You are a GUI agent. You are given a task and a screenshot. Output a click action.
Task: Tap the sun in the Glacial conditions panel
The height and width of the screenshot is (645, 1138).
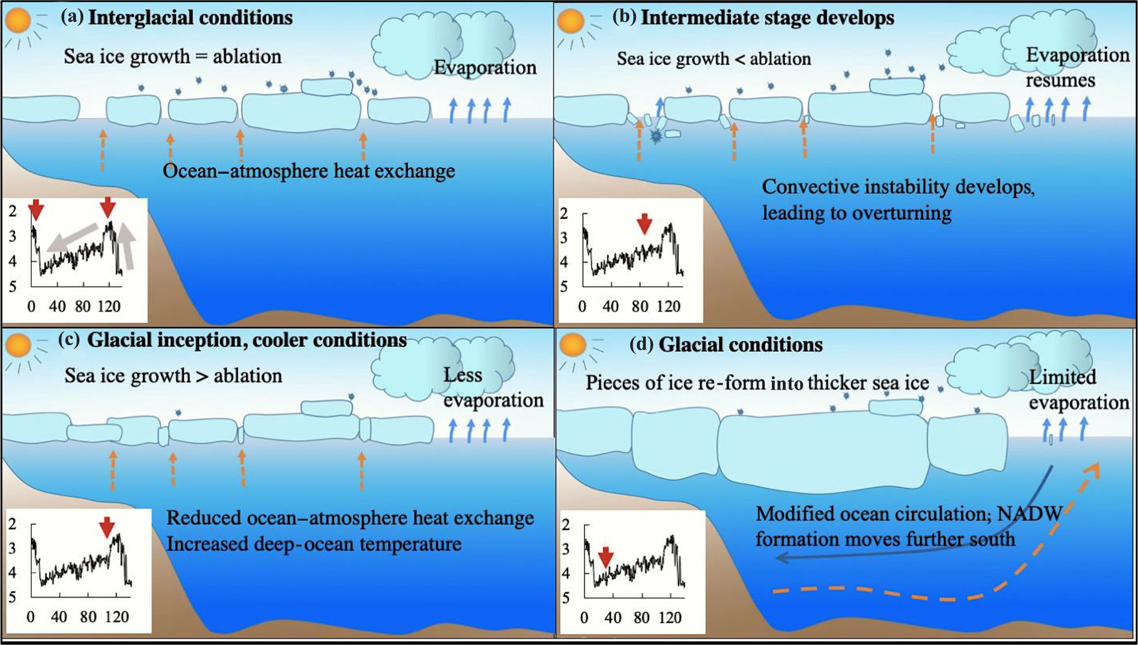tap(573, 345)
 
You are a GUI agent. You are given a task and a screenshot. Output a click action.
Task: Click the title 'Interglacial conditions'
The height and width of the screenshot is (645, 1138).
tap(190, 18)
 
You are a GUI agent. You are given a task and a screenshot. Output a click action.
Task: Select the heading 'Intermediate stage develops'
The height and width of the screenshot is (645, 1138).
tap(767, 18)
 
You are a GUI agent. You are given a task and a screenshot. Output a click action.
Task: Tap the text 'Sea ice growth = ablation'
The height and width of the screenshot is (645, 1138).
tap(172, 57)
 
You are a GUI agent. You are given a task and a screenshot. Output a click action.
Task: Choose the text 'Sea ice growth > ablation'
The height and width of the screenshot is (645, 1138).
tap(173, 376)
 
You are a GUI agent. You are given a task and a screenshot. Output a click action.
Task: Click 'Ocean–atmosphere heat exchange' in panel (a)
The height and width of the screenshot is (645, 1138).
tap(308, 171)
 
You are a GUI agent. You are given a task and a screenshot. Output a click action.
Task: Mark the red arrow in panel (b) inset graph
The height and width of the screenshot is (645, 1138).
tap(644, 223)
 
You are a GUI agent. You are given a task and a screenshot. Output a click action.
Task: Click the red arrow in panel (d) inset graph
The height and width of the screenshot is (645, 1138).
tap(606, 557)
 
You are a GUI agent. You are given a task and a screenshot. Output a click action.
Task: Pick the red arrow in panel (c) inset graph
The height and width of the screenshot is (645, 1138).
tap(107, 527)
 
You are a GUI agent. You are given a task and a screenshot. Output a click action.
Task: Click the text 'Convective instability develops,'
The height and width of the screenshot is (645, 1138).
tap(898, 188)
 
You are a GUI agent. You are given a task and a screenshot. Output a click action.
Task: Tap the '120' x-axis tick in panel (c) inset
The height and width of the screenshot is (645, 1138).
tap(117, 617)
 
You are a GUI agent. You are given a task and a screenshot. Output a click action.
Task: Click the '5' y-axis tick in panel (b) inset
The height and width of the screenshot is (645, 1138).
tap(563, 287)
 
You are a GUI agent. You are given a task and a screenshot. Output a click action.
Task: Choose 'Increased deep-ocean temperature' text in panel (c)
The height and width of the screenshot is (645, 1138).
tap(314, 544)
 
